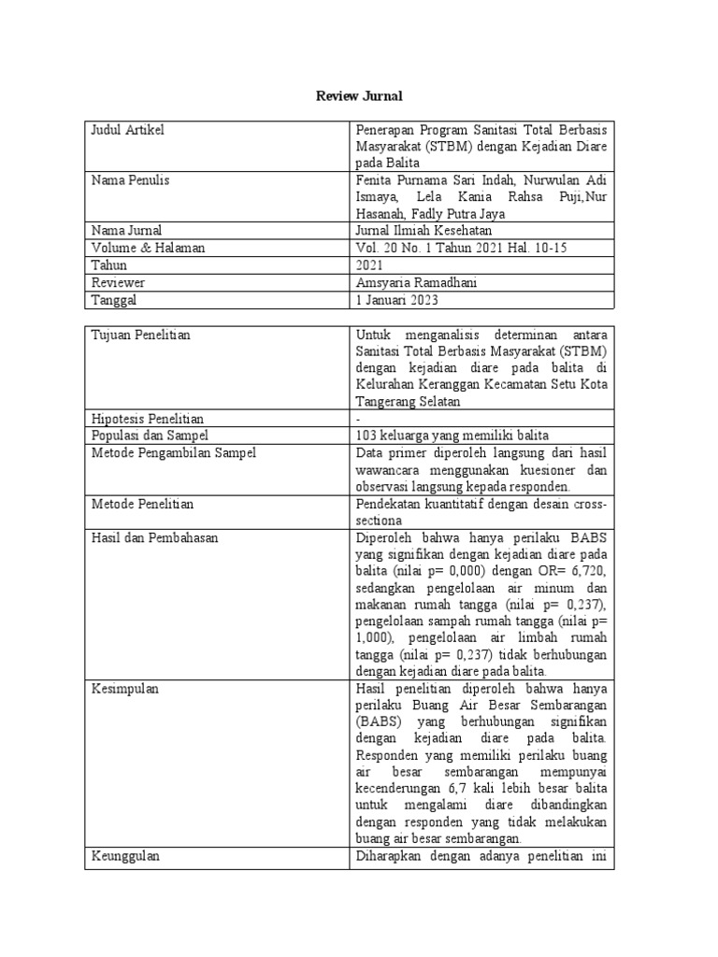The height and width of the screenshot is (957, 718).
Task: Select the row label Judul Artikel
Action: pos(127,130)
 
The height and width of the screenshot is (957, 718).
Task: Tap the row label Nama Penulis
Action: pos(130,179)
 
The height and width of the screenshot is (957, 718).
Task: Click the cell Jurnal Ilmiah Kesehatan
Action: pos(424,231)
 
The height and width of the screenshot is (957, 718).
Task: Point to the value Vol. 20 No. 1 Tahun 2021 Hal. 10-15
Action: pos(461,248)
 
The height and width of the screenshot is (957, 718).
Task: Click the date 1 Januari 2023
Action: pos(397,300)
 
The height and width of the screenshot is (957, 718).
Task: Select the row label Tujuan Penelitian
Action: pos(140,335)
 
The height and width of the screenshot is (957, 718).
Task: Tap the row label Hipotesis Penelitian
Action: pos(147,419)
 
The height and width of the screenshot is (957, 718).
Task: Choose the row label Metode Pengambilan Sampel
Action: pos(172,453)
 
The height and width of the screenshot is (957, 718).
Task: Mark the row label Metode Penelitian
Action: pos(142,504)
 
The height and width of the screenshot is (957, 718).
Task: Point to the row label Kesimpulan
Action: pos(124,689)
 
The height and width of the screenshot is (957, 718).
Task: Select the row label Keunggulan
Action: pos(125,857)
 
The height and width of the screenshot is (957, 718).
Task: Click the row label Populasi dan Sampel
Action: pos(149,436)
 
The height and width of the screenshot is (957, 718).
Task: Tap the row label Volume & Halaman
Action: pos(148,248)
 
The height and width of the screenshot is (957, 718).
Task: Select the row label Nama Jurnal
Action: pos(126,231)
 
